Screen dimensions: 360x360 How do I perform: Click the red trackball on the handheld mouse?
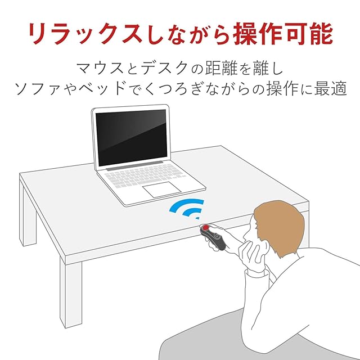(x=206, y=227)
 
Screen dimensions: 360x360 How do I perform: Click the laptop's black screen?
(x=131, y=137)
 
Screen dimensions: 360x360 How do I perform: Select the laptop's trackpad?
(x=162, y=189)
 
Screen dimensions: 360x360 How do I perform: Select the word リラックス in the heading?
(x=85, y=34)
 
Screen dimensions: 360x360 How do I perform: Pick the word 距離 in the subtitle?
(x=221, y=68)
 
